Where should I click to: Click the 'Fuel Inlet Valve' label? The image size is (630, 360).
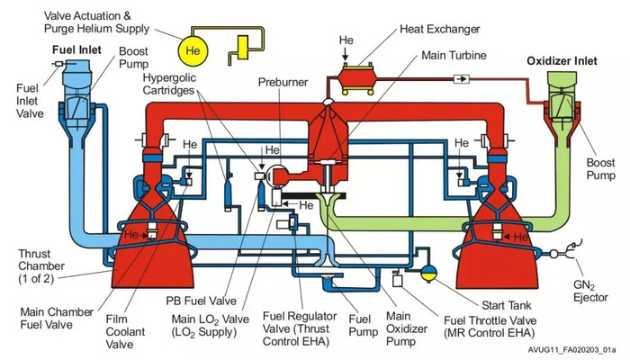[30, 100]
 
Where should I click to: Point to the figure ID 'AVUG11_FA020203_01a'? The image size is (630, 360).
[571, 348]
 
